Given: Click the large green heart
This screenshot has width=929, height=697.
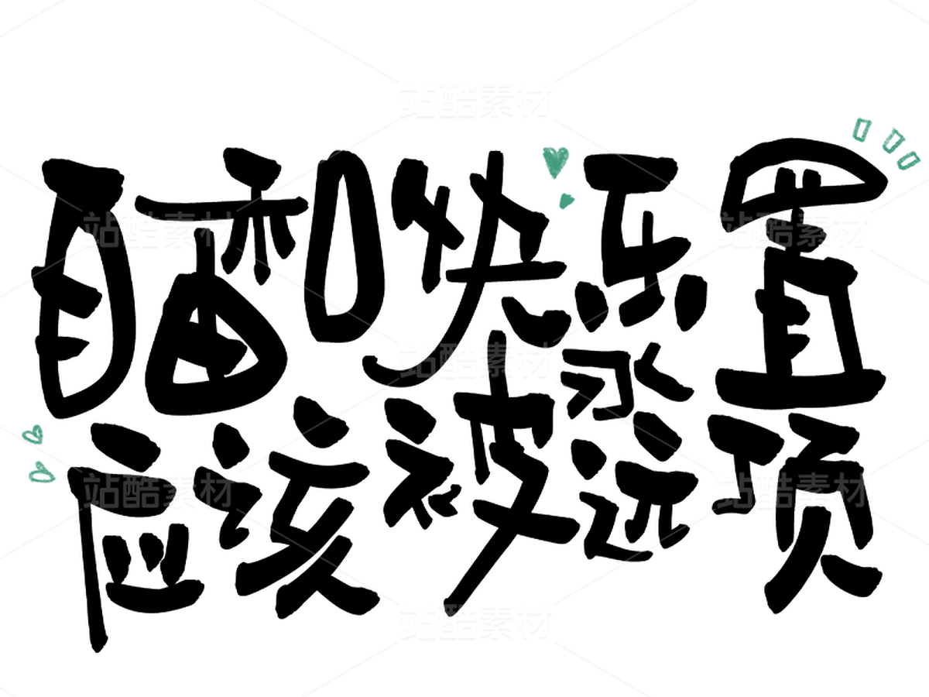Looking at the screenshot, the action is (x=555, y=160).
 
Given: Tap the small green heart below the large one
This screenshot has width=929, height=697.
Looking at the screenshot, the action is (x=567, y=201).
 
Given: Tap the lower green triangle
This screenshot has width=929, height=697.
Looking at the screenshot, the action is (x=40, y=472).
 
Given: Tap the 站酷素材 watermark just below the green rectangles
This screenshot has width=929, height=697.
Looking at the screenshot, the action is (x=791, y=230).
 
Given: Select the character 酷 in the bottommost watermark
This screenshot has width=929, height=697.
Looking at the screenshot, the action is (x=456, y=621).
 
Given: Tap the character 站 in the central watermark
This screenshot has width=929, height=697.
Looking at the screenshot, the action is (x=417, y=361).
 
